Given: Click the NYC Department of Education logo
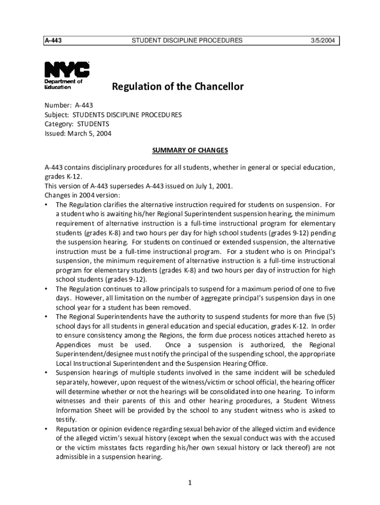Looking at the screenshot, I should click(x=67, y=75).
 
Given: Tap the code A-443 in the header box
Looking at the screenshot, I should click(x=53, y=40).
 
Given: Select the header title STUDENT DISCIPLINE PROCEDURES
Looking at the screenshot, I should click(x=187, y=40).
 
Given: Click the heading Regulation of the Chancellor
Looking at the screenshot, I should click(x=178, y=87).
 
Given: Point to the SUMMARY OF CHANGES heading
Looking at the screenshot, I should click(x=190, y=150).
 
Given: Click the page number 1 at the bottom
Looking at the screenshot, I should click(x=190, y=482).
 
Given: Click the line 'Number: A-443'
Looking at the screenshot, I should click(x=69, y=106).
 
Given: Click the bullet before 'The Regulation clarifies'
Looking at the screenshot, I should click(x=46, y=205).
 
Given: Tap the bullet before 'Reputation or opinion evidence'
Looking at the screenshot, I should click(x=46, y=429).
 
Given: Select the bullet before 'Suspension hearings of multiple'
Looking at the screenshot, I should click(x=46, y=373).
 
